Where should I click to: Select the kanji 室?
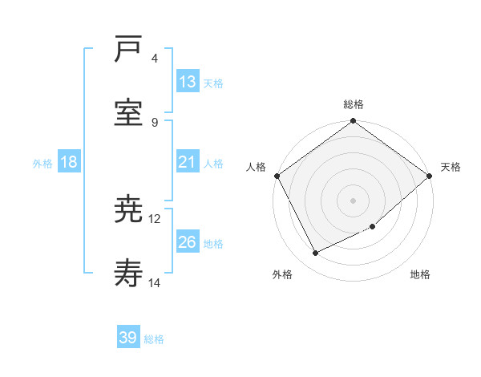(x=129, y=111)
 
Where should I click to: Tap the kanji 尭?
(x=129, y=209)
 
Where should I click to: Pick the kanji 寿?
(x=129, y=274)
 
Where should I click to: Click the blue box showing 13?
(x=188, y=82)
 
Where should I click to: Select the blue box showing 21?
(x=188, y=162)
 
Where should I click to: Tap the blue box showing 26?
(x=188, y=242)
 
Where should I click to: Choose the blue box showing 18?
(x=69, y=162)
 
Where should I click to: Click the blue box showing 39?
(x=128, y=338)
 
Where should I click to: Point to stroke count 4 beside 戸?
(x=155, y=58)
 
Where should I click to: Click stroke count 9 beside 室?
(x=155, y=122)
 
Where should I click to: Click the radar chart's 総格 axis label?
(x=354, y=104)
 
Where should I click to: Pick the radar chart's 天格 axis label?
(x=451, y=167)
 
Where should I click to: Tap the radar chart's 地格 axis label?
(x=420, y=274)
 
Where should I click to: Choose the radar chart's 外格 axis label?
(x=282, y=274)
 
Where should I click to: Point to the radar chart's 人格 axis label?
(x=256, y=167)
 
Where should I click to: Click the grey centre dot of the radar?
(x=353, y=200)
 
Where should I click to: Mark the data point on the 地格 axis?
(x=373, y=227)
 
